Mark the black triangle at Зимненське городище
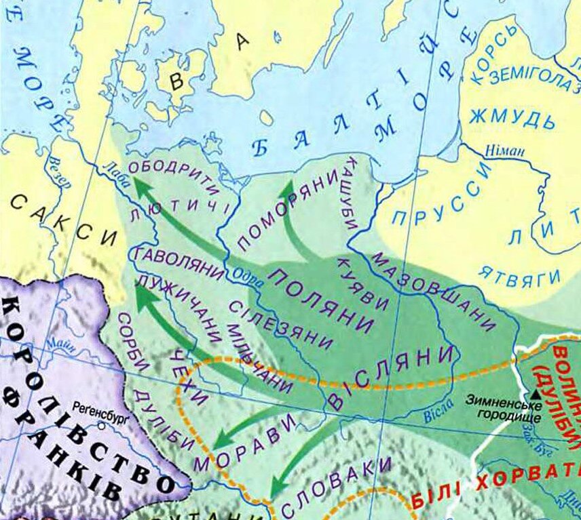tap(536, 393)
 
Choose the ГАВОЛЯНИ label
tap(180, 264)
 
